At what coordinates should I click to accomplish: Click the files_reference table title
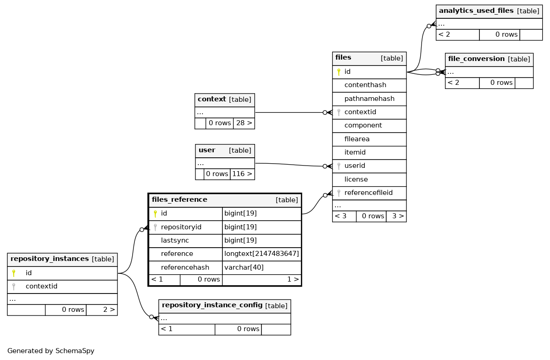[179, 200]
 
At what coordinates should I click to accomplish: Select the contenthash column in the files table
[365, 85]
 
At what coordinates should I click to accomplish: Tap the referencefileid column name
[368, 193]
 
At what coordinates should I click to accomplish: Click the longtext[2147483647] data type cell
[261, 254]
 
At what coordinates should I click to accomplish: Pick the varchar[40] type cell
[244, 267]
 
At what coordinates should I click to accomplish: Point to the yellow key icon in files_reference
[155, 213]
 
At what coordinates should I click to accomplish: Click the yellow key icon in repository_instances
[14, 273]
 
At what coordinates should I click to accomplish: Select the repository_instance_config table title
[212, 305]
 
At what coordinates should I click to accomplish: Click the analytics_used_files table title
[476, 11]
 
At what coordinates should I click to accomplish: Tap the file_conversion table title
[476, 59]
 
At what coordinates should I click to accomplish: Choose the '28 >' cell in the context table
[244, 123]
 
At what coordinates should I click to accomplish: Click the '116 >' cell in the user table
[242, 174]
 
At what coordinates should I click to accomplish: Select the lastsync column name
[175, 240]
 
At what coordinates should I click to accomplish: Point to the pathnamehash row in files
[369, 99]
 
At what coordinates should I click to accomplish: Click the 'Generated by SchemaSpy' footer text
[51, 351]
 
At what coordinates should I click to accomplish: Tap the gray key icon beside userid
[339, 166]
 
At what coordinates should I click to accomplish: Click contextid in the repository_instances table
[41, 286]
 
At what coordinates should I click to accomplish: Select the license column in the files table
[356, 179]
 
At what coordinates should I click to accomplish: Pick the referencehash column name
[185, 267]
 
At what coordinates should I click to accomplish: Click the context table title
[211, 99]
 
